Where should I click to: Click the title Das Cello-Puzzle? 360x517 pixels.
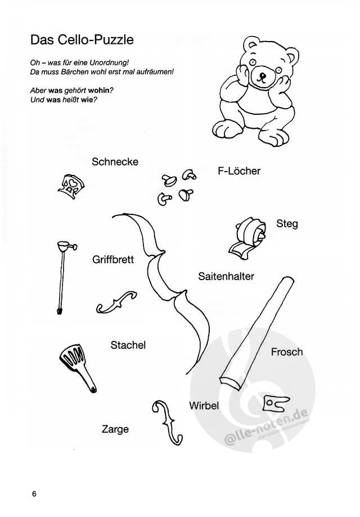click(x=82, y=40)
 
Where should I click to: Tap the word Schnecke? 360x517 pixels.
click(x=115, y=161)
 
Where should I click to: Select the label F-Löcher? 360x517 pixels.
click(x=239, y=171)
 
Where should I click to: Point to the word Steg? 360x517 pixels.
click(x=287, y=223)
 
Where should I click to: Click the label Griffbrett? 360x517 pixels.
click(x=113, y=259)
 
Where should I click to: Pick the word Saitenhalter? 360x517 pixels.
click(x=226, y=276)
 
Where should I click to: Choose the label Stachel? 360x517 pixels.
click(x=128, y=345)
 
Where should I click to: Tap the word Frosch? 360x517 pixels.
click(x=286, y=352)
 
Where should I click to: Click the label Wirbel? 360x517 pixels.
click(x=204, y=406)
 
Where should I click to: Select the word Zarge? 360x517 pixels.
click(x=115, y=429)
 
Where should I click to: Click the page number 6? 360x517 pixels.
click(x=34, y=494)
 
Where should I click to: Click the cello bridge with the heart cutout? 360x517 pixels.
click(x=71, y=187)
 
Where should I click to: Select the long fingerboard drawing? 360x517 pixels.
click(x=256, y=334)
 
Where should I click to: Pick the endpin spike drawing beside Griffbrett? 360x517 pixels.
click(x=62, y=277)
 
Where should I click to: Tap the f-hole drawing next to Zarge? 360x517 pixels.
click(x=168, y=422)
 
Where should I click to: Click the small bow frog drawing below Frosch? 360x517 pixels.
click(x=276, y=403)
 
